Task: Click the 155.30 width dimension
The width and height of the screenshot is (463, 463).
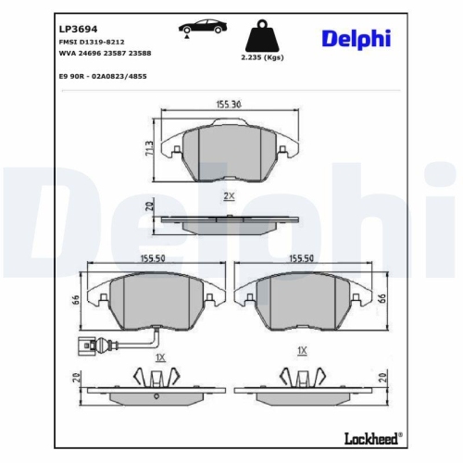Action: [228, 106]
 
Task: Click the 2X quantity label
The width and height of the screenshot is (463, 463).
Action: [229, 196]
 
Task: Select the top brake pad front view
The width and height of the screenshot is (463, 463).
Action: [229, 150]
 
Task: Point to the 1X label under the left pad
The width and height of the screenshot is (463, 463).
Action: [159, 356]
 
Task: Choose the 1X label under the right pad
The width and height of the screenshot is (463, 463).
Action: [301, 351]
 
